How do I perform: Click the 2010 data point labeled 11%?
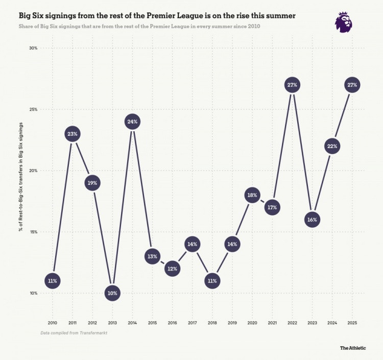click(x=53, y=281)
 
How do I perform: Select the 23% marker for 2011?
click(x=72, y=134)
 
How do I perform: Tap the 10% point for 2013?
click(x=112, y=293)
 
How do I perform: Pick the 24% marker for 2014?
click(x=132, y=122)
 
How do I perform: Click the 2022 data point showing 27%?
click(x=292, y=85)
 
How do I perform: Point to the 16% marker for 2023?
click(x=312, y=220)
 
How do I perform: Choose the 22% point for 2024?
click(x=332, y=147)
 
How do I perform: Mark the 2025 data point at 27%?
click(x=352, y=85)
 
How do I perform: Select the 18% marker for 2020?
click(x=252, y=195)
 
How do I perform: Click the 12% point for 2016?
click(x=172, y=269)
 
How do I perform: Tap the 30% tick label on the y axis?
click(x=33, y=48)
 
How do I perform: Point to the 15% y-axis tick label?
click(x=33, y=232)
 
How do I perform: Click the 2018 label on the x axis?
click(x=212, y=323)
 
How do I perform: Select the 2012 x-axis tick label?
click(x=92, y=323)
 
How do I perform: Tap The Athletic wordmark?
click(x=353, y=348)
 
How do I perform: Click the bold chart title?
click(x=157, y=16)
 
